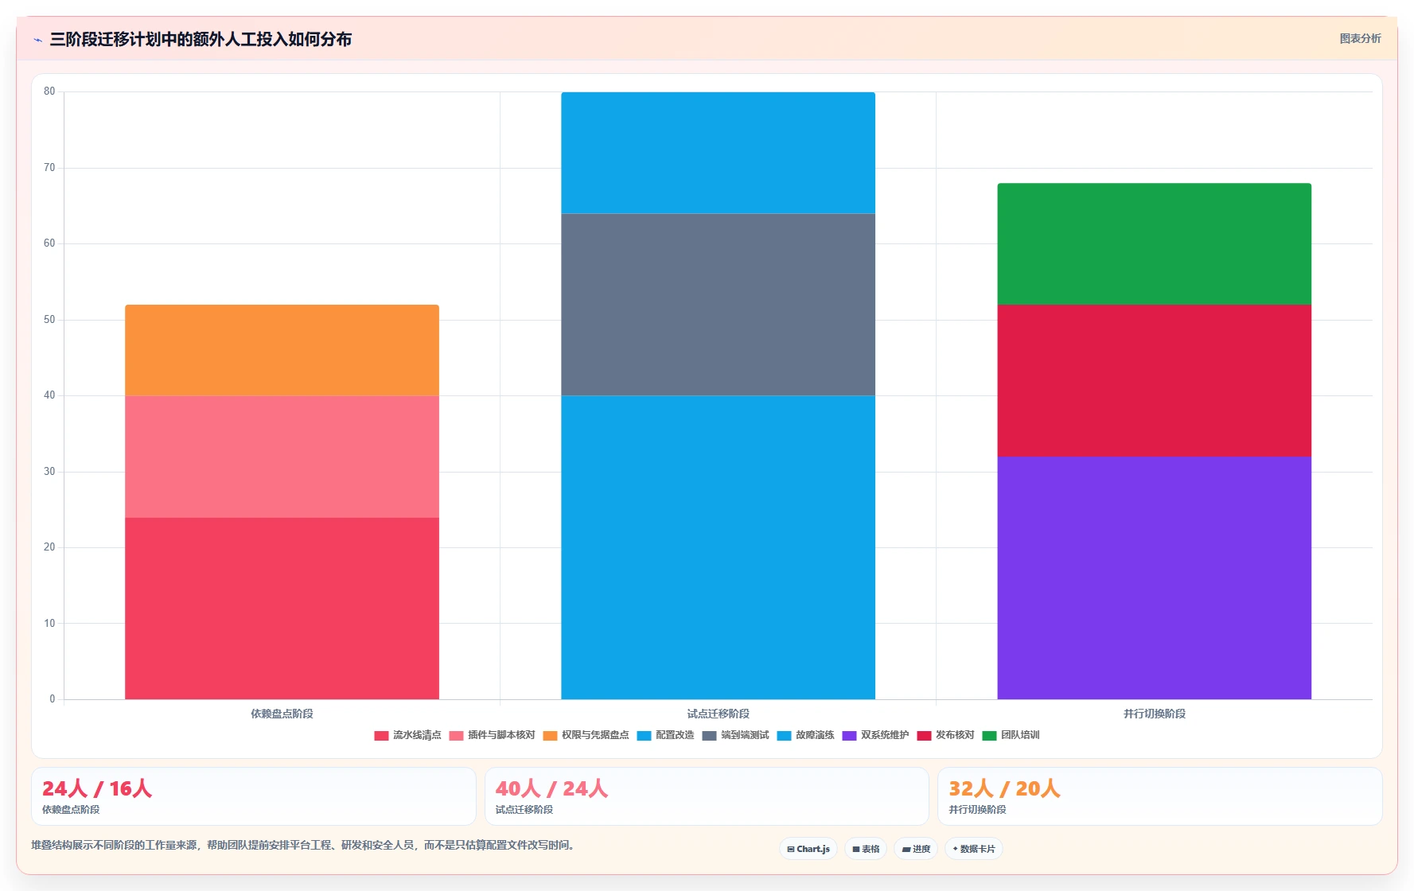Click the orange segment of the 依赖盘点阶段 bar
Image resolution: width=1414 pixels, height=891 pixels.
coord(282,350)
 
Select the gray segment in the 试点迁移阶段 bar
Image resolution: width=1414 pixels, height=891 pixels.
coord(718,305)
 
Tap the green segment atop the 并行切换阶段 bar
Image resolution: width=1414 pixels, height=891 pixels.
coord(1154,244)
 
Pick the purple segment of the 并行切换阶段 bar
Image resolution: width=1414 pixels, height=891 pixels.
coord(1154,578)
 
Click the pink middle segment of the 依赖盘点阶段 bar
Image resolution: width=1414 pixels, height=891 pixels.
coord(282,457)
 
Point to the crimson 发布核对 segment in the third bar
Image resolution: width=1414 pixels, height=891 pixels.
coord(1154,380)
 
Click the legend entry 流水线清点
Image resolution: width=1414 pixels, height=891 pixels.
coord(407,735)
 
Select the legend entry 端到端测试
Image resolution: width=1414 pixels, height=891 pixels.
coord(735,735)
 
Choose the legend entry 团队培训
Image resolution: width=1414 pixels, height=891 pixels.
coord(1011,735)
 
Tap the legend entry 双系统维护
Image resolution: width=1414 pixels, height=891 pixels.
coord(875,735)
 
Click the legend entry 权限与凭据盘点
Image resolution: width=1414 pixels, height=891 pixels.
coord(586,735)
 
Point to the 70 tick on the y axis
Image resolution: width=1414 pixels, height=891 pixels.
coord(49,168)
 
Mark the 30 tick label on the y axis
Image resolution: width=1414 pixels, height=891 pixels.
coord(49,472)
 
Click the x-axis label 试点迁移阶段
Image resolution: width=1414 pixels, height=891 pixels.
coord(718,714)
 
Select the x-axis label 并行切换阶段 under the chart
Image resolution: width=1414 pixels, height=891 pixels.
coord(1154,714)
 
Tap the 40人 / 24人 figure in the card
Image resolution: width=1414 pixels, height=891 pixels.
coord(551,788)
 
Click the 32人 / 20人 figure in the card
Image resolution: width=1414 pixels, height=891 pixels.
coord(1004,788)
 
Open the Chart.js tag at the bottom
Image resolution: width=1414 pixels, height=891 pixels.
coord(808,849)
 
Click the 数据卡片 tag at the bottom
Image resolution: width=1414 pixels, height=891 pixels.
coord(973,849)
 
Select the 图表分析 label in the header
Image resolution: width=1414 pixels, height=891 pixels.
coord(1360,38)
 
